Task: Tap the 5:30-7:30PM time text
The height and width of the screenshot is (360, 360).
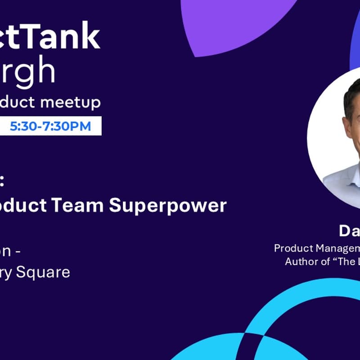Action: tap(50, 126)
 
